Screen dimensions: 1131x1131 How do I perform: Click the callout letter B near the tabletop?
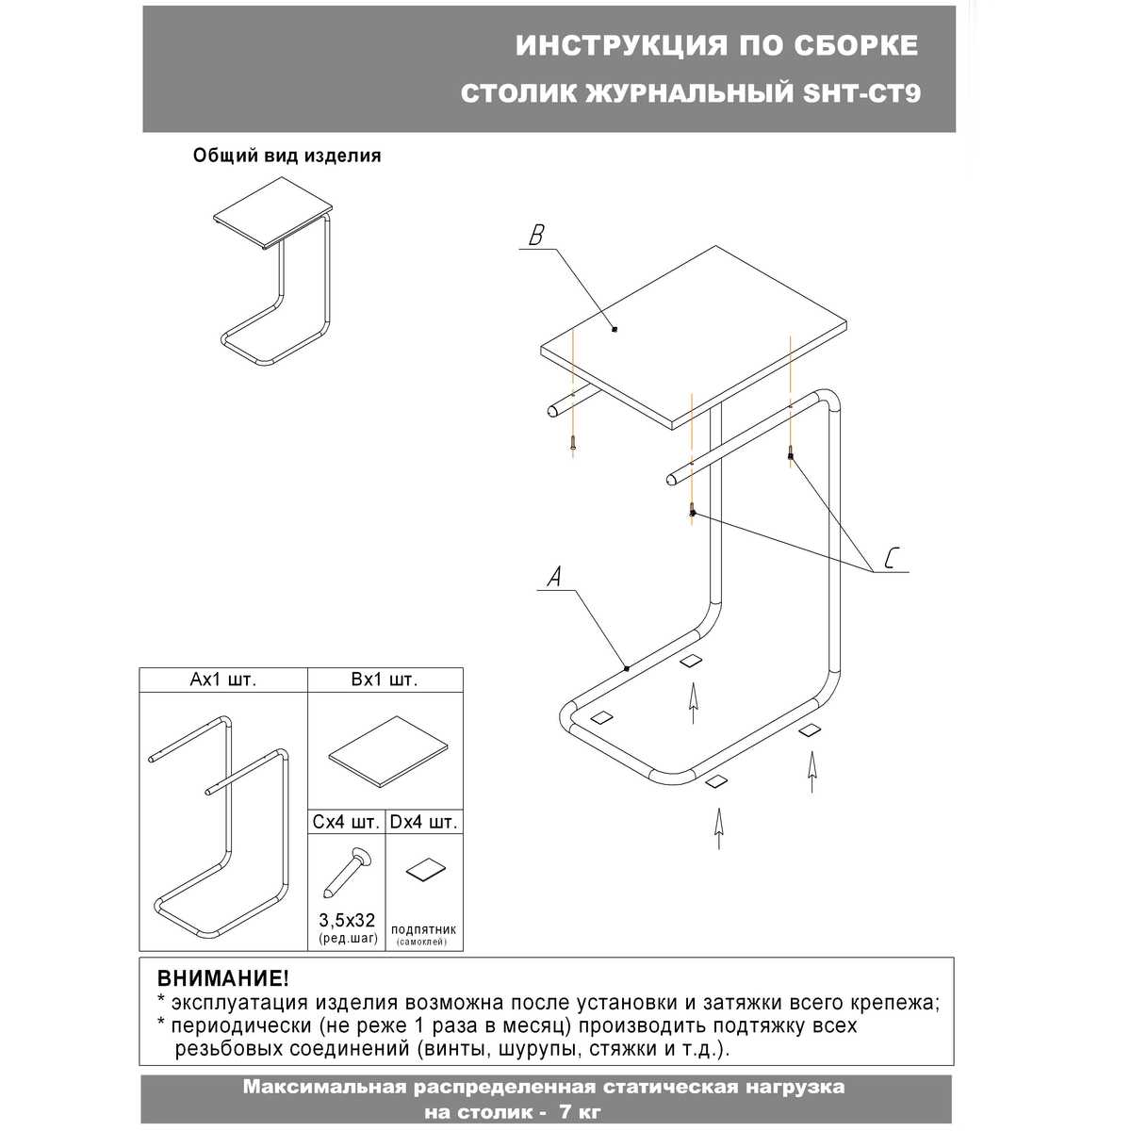(535, 236)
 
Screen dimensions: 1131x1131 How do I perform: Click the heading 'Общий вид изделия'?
(287, 156)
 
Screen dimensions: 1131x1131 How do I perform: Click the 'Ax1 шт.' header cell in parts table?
(223, 680)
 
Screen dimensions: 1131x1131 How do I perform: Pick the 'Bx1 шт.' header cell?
(385, 680)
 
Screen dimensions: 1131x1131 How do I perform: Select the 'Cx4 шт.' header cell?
(347, 822)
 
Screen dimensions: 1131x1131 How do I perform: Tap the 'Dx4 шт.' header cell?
(424, 822)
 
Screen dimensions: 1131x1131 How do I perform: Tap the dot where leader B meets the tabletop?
(614, 329)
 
